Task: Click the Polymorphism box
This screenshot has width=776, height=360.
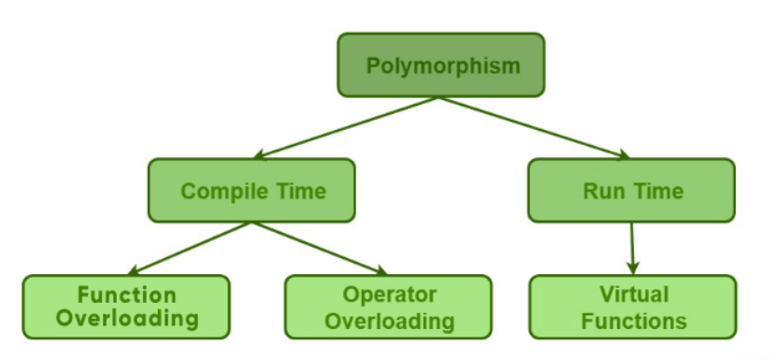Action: (x=440, y=65)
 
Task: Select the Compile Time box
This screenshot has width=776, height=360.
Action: (x=251, y=191)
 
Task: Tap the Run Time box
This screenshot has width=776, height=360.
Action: (x=631, y=191)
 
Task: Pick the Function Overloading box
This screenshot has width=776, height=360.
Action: (x=126, y=307)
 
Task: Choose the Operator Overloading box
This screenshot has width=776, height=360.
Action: (x=388, y=307)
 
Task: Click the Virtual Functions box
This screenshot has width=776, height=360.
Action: (x=632, y=307)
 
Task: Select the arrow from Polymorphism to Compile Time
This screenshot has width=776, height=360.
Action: (x=346, y=127)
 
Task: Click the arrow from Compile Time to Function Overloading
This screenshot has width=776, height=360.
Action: (x=192, y=248)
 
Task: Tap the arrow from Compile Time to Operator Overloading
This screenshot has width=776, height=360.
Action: (x=318, y=248)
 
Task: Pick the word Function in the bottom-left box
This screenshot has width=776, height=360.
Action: (x=126, y=295)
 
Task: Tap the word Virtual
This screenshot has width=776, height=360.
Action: (x=633, y=295)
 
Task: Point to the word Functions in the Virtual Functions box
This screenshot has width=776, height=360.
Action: (x=633, y=321)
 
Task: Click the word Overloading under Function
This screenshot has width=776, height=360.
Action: (x=126, y=319)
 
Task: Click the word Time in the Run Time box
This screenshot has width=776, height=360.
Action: (x=658, y=192)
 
